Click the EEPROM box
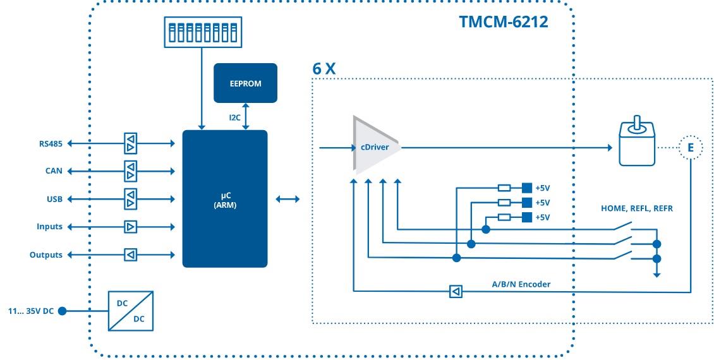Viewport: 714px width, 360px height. point(245,83)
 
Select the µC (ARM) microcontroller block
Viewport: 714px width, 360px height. point(224,199)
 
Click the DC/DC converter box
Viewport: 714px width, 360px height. point(131,310)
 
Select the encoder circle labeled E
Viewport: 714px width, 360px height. point(690,147)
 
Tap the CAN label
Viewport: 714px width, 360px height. point(54,171)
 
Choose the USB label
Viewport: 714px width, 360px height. point(54,199)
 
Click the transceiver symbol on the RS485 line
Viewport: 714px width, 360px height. point(130,143)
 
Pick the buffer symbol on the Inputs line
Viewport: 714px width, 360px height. point(130,227)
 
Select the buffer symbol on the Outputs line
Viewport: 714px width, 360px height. point(130,255)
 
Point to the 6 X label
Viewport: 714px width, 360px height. point(324,69)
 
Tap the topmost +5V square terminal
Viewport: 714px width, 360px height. point(526,188)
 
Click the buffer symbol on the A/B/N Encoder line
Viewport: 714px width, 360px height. point(455,291)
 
